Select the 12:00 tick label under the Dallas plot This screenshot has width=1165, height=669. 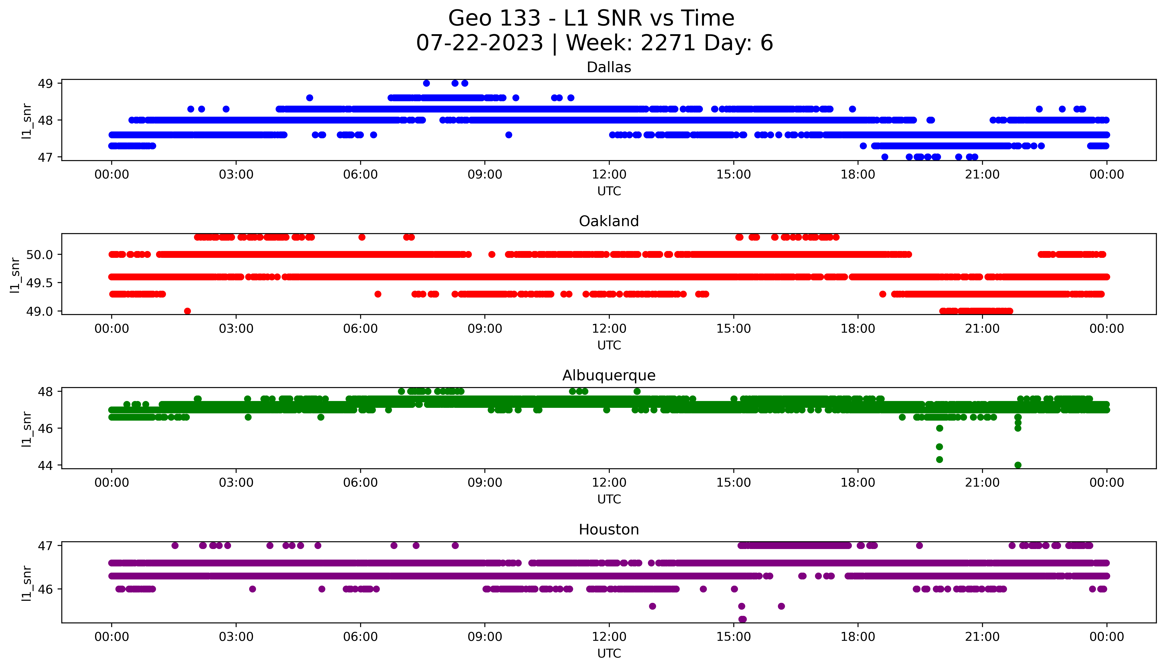coord(609,175)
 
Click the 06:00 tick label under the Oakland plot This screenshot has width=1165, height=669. coord(360,329)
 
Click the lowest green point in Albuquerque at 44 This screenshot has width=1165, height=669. coord(1018,465)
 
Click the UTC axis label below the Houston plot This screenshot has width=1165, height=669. coord(609,653)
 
